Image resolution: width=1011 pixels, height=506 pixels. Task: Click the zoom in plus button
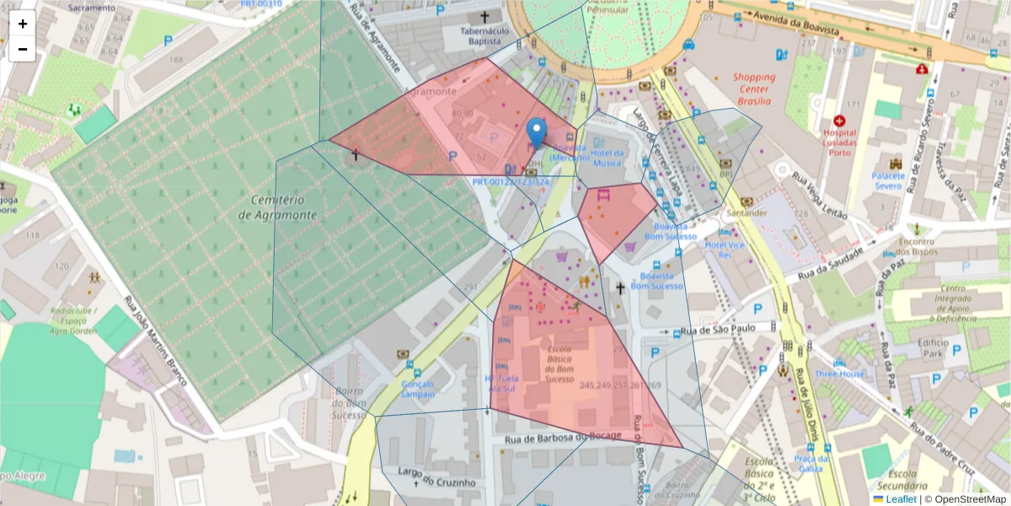click(x=23, y=24)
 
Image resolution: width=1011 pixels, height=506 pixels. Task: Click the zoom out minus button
click(x=23, y=49)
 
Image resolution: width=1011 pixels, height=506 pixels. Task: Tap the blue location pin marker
click(x=536, y=133)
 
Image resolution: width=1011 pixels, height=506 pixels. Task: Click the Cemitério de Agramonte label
click(x=277, y=207)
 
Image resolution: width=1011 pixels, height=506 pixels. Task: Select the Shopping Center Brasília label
click(x=753, y=89)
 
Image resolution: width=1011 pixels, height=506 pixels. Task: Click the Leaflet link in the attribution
click(x=901, y=499)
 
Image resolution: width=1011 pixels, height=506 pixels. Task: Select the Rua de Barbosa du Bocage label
click(x=563, y=437)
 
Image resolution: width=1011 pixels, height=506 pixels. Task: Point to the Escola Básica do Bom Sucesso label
click(x=559, y=363)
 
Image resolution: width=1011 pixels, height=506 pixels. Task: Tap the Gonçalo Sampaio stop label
click(x=417, y=389)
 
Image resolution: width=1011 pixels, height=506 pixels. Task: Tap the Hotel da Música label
click(x=607, y=158)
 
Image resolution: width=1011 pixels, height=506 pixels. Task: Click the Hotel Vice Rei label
click(x=725, y=250)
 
